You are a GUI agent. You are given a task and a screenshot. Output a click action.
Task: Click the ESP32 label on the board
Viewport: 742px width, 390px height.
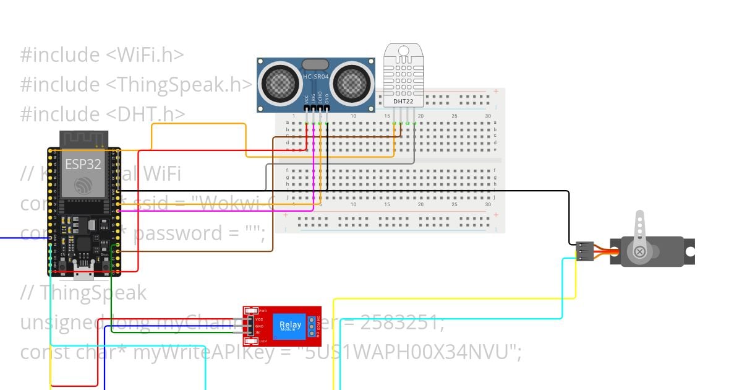coord(83,164)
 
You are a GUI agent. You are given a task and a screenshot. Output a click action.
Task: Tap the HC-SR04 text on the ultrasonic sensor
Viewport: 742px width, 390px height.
coord(315,76)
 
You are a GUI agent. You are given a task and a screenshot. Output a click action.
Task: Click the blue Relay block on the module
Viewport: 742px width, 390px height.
coord(291,325)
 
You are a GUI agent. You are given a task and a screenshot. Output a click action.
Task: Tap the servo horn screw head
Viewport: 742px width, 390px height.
coord(640,251)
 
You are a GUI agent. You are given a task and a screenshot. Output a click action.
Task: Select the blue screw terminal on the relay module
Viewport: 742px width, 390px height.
coord(312,326)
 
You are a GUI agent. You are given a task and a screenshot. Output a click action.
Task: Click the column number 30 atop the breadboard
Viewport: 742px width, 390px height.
coord(488,116)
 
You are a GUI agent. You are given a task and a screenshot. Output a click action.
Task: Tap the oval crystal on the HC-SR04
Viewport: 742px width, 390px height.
coord(315,64)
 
